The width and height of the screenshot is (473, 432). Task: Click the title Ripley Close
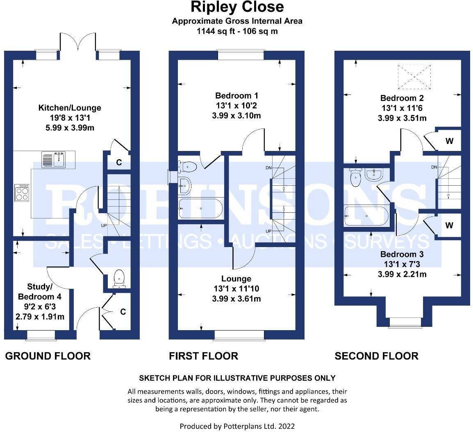236,7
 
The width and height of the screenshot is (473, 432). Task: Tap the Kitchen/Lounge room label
70,108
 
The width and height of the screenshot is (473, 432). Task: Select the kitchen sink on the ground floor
58,159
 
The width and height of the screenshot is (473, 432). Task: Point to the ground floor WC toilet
119,278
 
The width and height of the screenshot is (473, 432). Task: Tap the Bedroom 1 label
236,96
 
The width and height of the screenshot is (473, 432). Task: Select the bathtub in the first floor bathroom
201,208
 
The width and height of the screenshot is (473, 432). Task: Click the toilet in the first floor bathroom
188,166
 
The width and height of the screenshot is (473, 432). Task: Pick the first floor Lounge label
236,279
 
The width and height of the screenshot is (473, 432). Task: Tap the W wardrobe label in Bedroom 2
449,142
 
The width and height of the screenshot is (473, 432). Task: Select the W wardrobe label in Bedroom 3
449,225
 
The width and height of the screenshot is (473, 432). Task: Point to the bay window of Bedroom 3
404,323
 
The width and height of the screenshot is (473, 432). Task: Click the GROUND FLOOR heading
48,356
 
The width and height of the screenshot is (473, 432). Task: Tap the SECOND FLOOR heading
376,356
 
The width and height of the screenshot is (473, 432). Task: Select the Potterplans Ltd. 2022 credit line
237,426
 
